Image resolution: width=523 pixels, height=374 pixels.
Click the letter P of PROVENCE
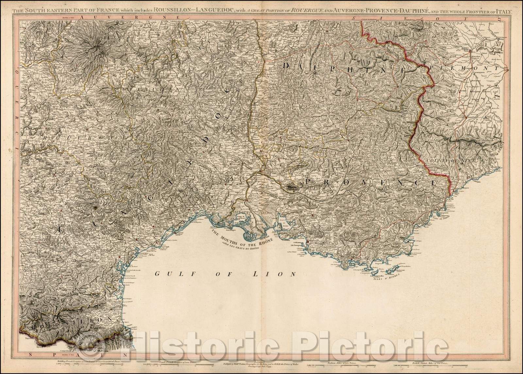309,181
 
